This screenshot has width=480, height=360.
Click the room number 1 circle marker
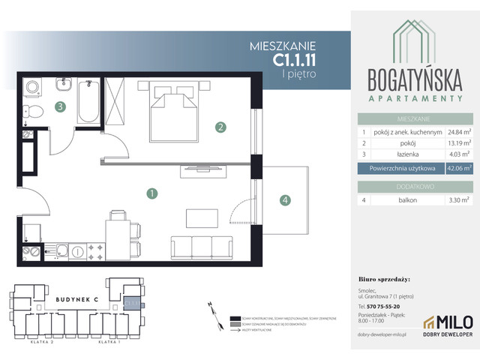pyautogui.click(x=152, y=193)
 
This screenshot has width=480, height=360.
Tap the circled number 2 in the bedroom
pyautogui.click(x=220, y=127)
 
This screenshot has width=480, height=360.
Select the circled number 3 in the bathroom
pyautogui.click(x=59, y=107)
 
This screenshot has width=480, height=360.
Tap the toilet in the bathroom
pyautogui.click(x=31, y=112)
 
